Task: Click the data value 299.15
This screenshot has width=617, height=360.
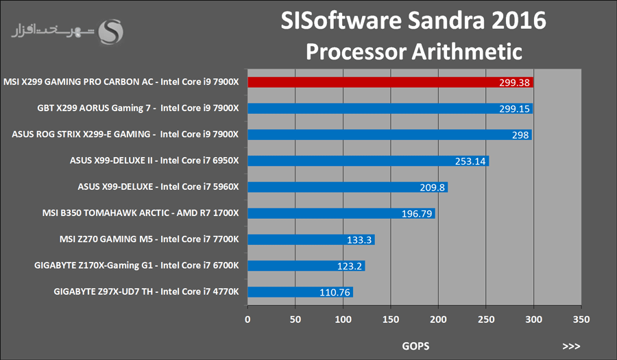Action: [x=514, y=108]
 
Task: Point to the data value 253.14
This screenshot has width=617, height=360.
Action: [x=470, y=161]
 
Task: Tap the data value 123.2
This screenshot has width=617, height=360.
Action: [x=350, y=266]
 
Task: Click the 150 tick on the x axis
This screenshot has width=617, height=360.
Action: [x=391, y=319]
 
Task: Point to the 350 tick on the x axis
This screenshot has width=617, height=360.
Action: [x=581, y=319]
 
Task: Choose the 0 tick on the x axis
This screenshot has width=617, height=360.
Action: [x=248, y=319]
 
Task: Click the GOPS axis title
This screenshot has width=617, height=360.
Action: [x=415, y=346]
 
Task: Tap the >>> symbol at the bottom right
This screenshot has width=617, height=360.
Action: [x=571, y=346]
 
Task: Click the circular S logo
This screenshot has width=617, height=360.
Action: [x=111, y=30]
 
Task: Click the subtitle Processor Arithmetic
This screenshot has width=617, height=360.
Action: [x=414, y=51]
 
